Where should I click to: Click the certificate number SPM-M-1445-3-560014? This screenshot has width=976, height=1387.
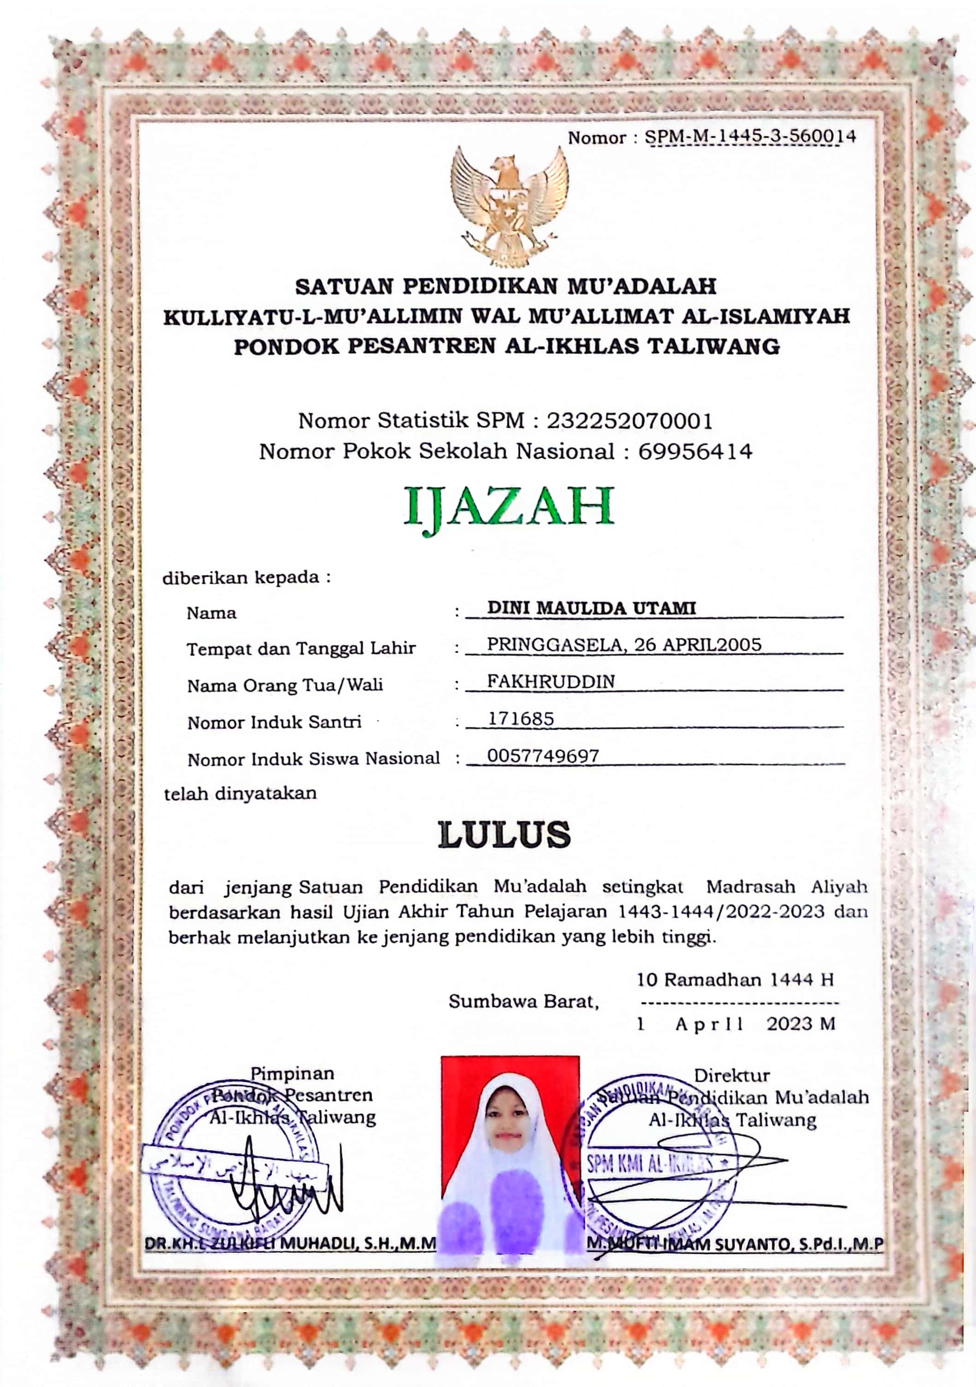[x=750, y=137]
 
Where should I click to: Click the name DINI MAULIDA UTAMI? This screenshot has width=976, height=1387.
[x=592, y=608]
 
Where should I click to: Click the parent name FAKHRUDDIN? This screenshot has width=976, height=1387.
[x=551, y=682]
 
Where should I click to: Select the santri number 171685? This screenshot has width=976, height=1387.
[x=521, y=719]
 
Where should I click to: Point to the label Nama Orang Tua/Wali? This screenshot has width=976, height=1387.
[x=285, y=686]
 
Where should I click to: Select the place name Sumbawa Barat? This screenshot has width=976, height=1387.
[x=523, y=1002]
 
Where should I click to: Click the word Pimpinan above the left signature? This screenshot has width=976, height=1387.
[x=292, y=1073]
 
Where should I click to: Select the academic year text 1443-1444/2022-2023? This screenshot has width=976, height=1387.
[x=721, y=911]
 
